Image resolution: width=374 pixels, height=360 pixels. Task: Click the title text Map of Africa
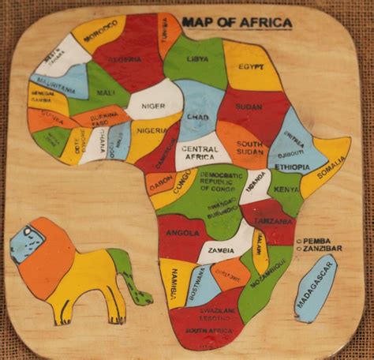[237, 23]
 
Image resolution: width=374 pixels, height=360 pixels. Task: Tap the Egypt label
[246, 68]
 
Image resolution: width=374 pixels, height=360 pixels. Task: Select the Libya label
[197, 59]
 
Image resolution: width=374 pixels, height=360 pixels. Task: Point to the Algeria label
[124, 59]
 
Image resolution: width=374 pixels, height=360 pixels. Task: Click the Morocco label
[100, 36]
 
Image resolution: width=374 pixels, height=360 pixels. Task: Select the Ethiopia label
[293, 167]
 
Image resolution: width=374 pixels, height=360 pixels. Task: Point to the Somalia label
[331, 167]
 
